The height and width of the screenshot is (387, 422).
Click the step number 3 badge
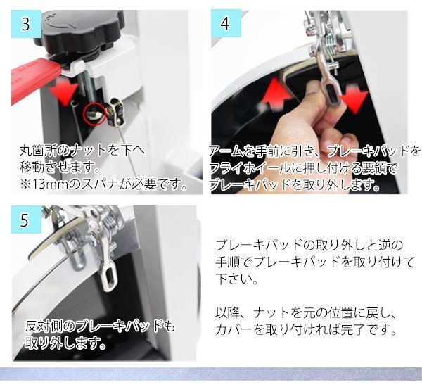click(26, 24)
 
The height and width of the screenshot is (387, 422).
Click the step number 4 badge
click(226, 23)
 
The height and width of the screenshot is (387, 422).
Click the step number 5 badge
click(26, 220)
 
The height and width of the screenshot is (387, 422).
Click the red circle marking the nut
click(94, 115)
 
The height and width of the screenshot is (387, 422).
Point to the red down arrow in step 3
click(65, 92)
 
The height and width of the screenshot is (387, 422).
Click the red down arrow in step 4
click(354, 98)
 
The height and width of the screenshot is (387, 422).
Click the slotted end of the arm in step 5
click(110, 277)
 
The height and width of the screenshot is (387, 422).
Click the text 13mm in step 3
click(49, 184)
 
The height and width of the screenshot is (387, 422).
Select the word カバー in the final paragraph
click(235, 329)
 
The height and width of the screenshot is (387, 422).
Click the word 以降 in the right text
click(226, 312)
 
